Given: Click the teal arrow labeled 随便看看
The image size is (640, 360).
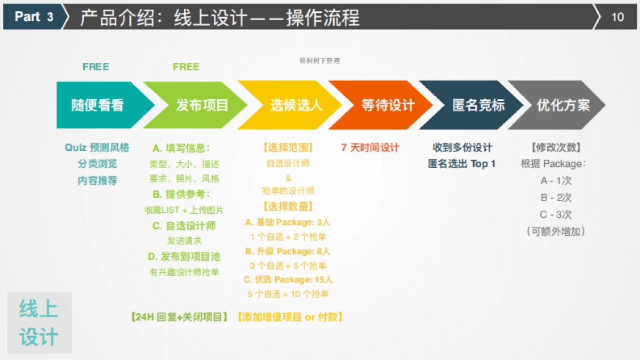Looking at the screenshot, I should click(x=98, y=105).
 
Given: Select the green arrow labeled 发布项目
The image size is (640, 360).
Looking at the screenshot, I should click(x=202, y=105).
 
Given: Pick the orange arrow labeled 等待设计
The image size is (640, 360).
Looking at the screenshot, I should click(x=388, y=105).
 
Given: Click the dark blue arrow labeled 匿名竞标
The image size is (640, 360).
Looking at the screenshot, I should click(x=478, y=105).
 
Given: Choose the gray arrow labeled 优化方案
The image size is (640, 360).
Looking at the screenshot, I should click(x=563, y=105).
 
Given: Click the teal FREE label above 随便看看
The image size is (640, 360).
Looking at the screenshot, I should click(x=96, y=67).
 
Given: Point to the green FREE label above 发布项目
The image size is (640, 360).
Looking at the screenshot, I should click(x=186, y=67).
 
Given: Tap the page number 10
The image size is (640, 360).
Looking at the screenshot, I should click(x=617, y=17).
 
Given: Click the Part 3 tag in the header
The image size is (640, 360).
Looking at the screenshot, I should click(x=34, y=17).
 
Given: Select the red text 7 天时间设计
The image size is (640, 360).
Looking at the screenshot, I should click(x=370, y=148).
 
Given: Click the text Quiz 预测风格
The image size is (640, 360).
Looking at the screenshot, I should click(x=97, y=148).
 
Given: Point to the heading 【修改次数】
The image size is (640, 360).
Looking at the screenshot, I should click(x=556, y=148).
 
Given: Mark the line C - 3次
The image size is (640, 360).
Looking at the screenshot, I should click(x=556, y=214).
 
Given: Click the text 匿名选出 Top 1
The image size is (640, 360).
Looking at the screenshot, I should click(x=462, y=164).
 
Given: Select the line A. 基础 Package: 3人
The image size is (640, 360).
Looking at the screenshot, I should click(x=288, y=222).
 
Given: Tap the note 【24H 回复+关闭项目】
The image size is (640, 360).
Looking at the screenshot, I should click(x=179, y=317).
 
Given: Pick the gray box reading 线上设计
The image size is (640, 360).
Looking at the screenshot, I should click(x=39, y=323).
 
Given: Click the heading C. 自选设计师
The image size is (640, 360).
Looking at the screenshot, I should click(x=184, y=226).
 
